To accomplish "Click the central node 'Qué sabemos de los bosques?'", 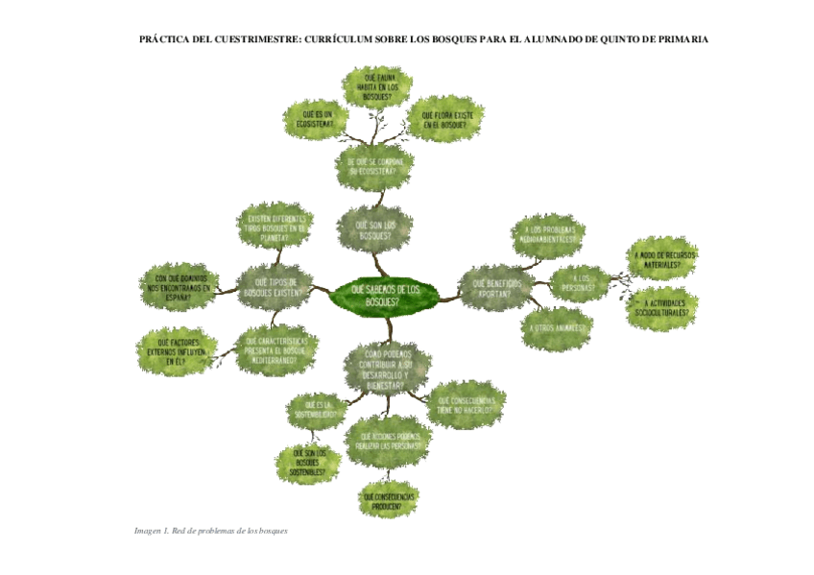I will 386,295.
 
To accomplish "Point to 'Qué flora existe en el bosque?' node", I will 446,120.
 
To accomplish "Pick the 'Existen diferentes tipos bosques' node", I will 275,226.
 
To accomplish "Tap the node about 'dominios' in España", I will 180,285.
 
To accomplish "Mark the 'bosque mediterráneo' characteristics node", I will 276,350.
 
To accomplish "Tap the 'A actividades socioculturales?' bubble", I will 662,307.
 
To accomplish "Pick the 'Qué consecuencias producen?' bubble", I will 390,500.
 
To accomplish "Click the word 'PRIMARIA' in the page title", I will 680,40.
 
